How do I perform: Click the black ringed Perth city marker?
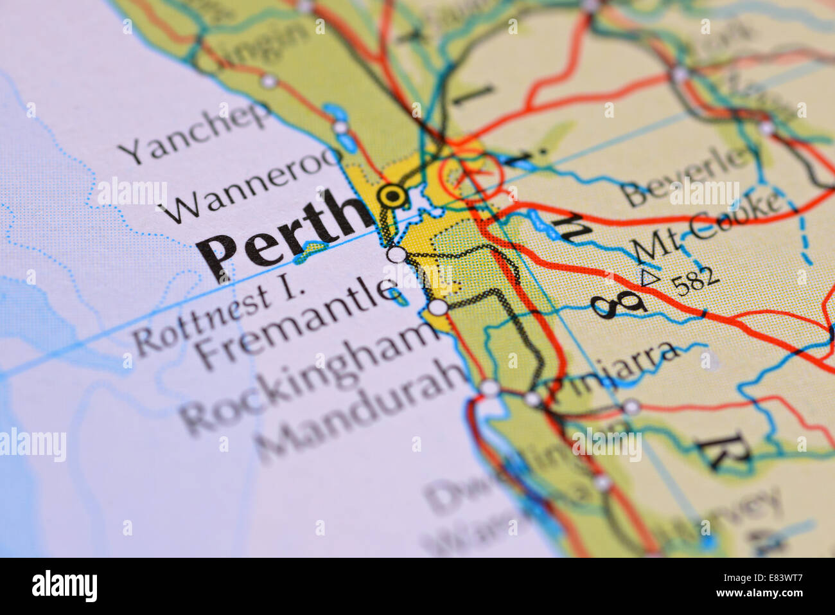[x=392, y=195]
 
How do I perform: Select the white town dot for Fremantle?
[x=398, y=254]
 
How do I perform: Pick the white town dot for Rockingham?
[x=438, y=307]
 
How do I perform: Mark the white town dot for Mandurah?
[x=490, y=388]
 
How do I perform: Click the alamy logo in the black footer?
[x=64, y=586]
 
